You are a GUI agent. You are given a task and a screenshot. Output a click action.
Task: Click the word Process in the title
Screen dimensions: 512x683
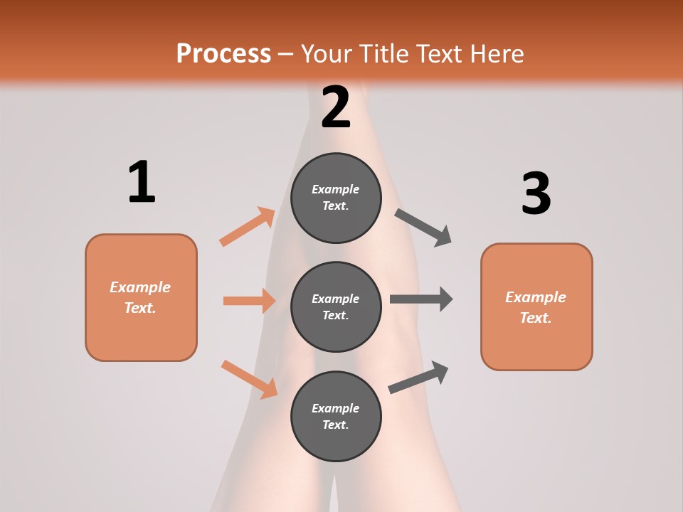[x=223, y=53]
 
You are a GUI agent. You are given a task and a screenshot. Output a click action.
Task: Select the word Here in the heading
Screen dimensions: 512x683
[x=495, y=53]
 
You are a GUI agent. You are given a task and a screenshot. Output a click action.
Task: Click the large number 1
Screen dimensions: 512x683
[x=142, y=183]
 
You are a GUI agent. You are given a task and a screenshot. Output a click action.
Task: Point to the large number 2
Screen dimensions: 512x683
[x=336, y=107]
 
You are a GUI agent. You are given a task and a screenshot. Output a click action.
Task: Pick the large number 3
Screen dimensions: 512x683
[x=536, y=193]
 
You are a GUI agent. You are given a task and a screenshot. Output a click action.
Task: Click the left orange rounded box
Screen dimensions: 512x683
[x=141, y=297]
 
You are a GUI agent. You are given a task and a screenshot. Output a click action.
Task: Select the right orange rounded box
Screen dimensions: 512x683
[x=536, y=307]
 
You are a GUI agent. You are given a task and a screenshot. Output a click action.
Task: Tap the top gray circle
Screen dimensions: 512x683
[x=336, y=198]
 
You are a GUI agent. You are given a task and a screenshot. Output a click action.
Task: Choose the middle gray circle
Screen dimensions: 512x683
[x=336, y=306]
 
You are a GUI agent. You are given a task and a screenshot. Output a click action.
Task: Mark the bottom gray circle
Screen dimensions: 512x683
[x=336, y=416]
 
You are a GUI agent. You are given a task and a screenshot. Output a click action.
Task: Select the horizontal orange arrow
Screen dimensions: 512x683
[x=249, y=301]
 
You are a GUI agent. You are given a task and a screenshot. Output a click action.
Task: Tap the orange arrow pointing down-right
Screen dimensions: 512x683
[x=249, y=378]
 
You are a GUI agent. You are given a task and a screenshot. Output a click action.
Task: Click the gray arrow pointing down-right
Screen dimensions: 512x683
[x=423, y=227]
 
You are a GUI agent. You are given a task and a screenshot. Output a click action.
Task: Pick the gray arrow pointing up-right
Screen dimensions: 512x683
[x=418, y=377]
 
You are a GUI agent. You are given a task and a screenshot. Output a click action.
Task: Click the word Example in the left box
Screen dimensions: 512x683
[x=140, y=287]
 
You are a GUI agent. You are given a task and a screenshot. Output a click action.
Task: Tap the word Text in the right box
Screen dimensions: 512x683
[x=535, y=318]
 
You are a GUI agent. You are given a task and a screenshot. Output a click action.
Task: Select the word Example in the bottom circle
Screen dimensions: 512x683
[x=336, y=408]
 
